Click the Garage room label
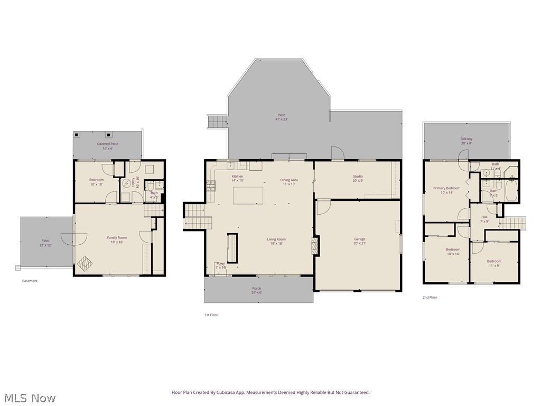(x=359, y=239)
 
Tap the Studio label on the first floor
(x=358, y=177)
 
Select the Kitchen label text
(x=237, y=176)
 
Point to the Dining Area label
(x=289, y=180)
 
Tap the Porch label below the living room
(x=256, y=288)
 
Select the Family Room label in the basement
(x=117, y=238)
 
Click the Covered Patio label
(x=107, y=144)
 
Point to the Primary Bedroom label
(x=446, y=188)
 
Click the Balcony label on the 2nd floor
(x=466, y=139)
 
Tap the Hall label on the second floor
(x=484, y=217)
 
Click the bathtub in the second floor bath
(x=510, y=191)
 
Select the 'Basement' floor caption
(x=30, y=281)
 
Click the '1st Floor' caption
(x=211, y=315)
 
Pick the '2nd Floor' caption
(x=430, y=297)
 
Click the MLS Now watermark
(x=29, y=398)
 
